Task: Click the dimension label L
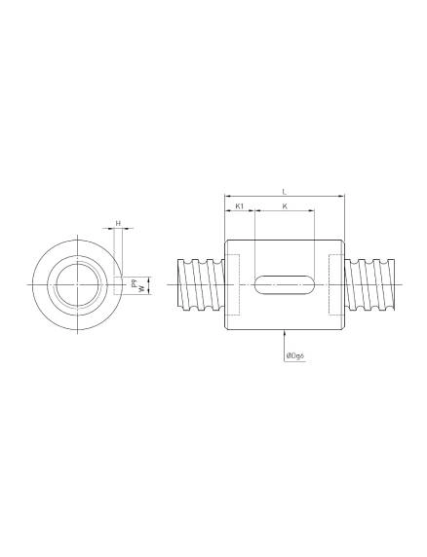click(x=284, y=191)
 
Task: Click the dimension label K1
click(x=240, y=207)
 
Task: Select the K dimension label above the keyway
click(x=284, y=207)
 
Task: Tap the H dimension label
click(x=118, y=223)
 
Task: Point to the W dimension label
click(x=141, y=289)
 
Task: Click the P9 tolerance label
click(x=141, y=278)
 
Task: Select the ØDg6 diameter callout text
click(x=296, y=357)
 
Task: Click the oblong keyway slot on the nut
click(x=284, y=284)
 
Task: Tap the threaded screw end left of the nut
click(x=201, y=284)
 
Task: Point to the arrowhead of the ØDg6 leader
click(x=284, y=337)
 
